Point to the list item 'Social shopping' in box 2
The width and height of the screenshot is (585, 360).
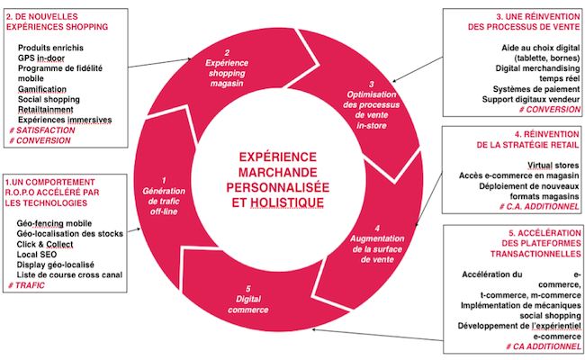(x=49, y=99)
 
